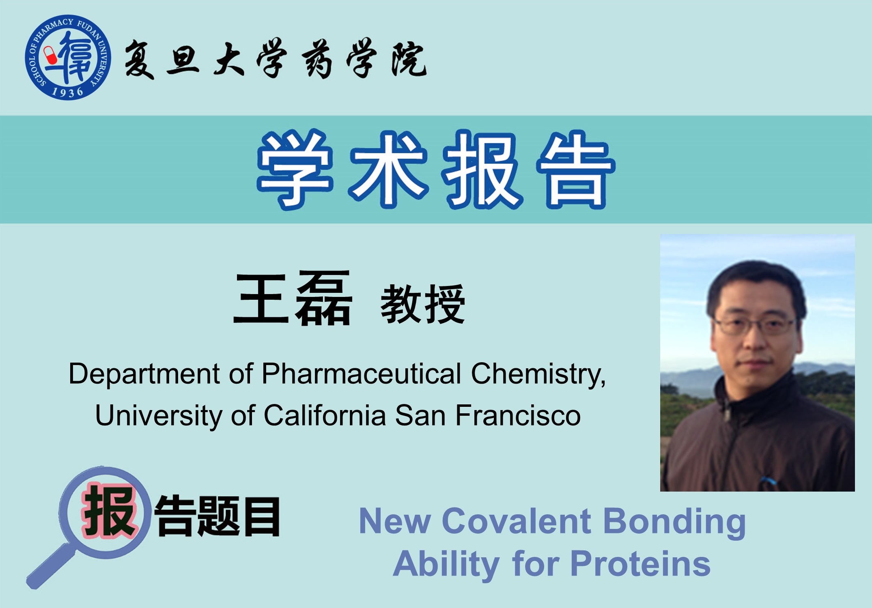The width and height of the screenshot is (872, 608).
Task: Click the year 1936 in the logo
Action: (67, 92)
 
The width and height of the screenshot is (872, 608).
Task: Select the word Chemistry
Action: (538, 374)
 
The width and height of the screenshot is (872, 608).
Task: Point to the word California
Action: (325, 415)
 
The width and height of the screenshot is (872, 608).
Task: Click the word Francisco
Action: (518, 415)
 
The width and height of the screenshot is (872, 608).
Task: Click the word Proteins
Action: (640, 564)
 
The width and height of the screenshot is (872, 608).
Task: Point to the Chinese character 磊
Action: (323, 298)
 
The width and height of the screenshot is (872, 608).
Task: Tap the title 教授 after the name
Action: (422, 304)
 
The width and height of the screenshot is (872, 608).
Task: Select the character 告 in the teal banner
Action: (575, 170)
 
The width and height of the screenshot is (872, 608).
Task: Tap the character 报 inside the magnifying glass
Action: (109, 511)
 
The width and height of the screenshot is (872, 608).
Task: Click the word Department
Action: (144, 374)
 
